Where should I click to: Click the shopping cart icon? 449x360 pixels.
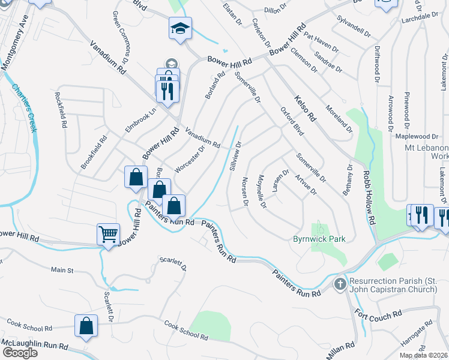pyautogui.click(x=108, y=234)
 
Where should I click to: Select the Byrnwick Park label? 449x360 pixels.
pyautogui.click(x=319, y=239)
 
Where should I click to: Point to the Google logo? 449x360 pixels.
pyautogui.click(x=19, y=353)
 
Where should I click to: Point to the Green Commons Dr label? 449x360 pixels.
pyautogui.click(x=121, y=46)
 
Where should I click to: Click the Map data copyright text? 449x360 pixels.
pyautogui.click(x=423, y=355)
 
